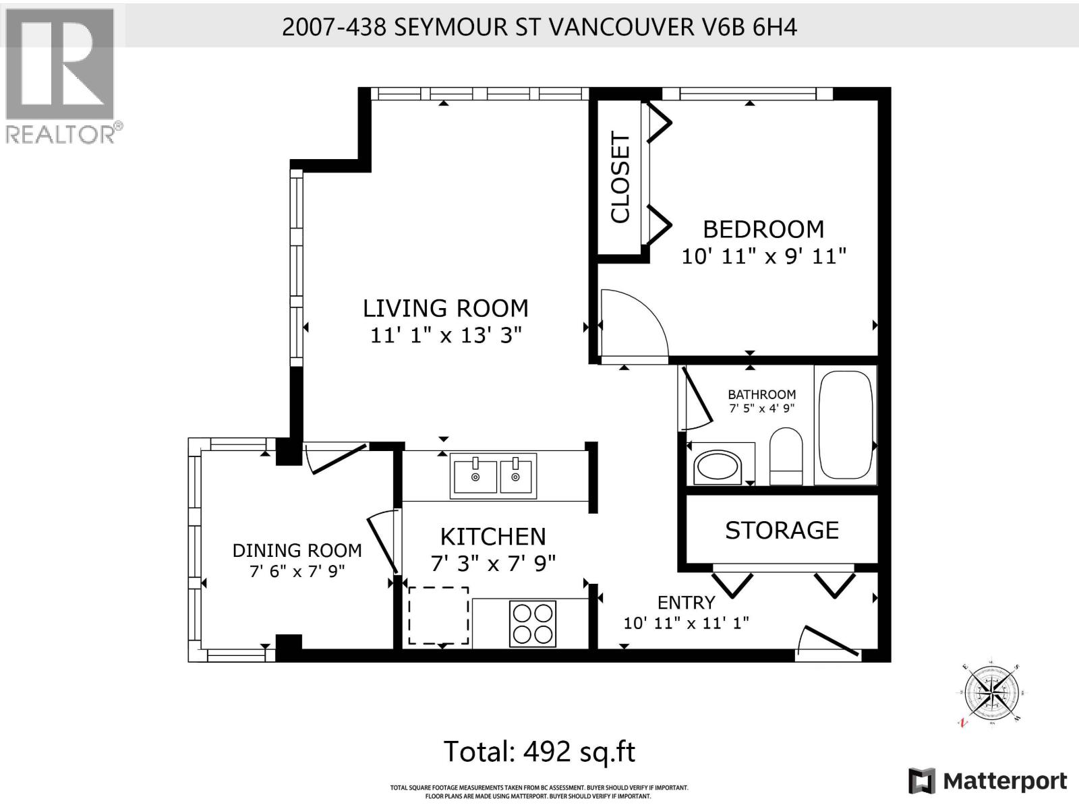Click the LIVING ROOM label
445,308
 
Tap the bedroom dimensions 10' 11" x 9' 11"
763,257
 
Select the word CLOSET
620,177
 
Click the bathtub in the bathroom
846,424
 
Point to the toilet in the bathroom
786,455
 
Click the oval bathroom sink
718,467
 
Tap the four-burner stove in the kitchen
533,624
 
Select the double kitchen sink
494,476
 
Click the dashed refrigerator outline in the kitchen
438,615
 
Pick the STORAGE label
782,531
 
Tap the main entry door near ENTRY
828,642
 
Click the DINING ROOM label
297,551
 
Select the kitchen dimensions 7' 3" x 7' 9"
493,563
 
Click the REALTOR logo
61,74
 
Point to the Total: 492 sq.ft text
539,751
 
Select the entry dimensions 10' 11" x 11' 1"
686,623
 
